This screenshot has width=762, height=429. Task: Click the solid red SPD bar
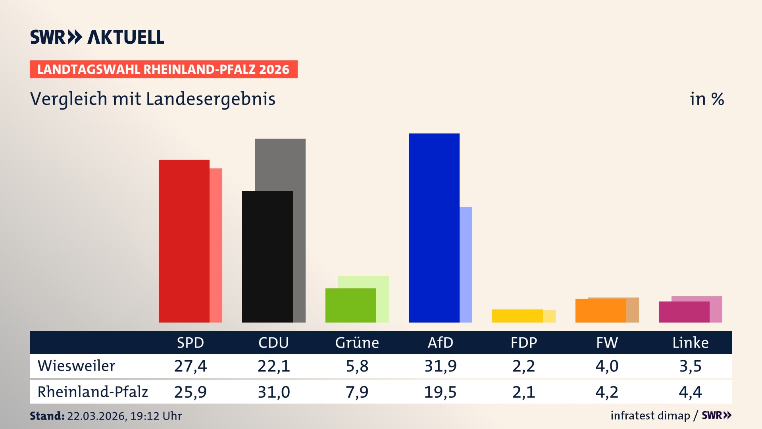click(x=184, y=241)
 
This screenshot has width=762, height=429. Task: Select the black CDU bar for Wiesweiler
click(x=267, y=257)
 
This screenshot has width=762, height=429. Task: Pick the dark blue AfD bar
click(x=434, y=228)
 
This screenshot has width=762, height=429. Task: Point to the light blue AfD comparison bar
click(x=466, y=265)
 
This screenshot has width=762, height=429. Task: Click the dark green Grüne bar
click(x=350, y=305)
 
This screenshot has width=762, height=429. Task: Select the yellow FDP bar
click(x=517, y=316)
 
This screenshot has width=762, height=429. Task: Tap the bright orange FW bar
click(x=600, y=311)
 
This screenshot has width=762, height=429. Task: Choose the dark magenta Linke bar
click(x=684, y=312)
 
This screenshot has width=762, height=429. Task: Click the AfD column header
click(x=440, y=343)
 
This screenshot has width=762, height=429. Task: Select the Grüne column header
click(x=357, y=343)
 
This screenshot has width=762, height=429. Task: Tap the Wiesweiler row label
click(x=76, y=366)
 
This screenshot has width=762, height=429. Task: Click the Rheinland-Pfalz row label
click(x=92, y=392)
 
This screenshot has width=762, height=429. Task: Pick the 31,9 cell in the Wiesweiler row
click(x=440, y=366)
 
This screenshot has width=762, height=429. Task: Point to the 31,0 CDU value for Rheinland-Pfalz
click(x=273, y=392)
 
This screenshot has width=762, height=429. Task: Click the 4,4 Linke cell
click(x=690, y=392)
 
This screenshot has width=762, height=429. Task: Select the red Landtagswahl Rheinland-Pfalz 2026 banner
click(x=164, y=70)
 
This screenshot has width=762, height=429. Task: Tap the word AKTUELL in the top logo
click(x=125, y=37)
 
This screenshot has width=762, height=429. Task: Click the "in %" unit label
click(x=706, y=99)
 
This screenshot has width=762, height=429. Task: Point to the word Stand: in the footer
click(x=47, y=416)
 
